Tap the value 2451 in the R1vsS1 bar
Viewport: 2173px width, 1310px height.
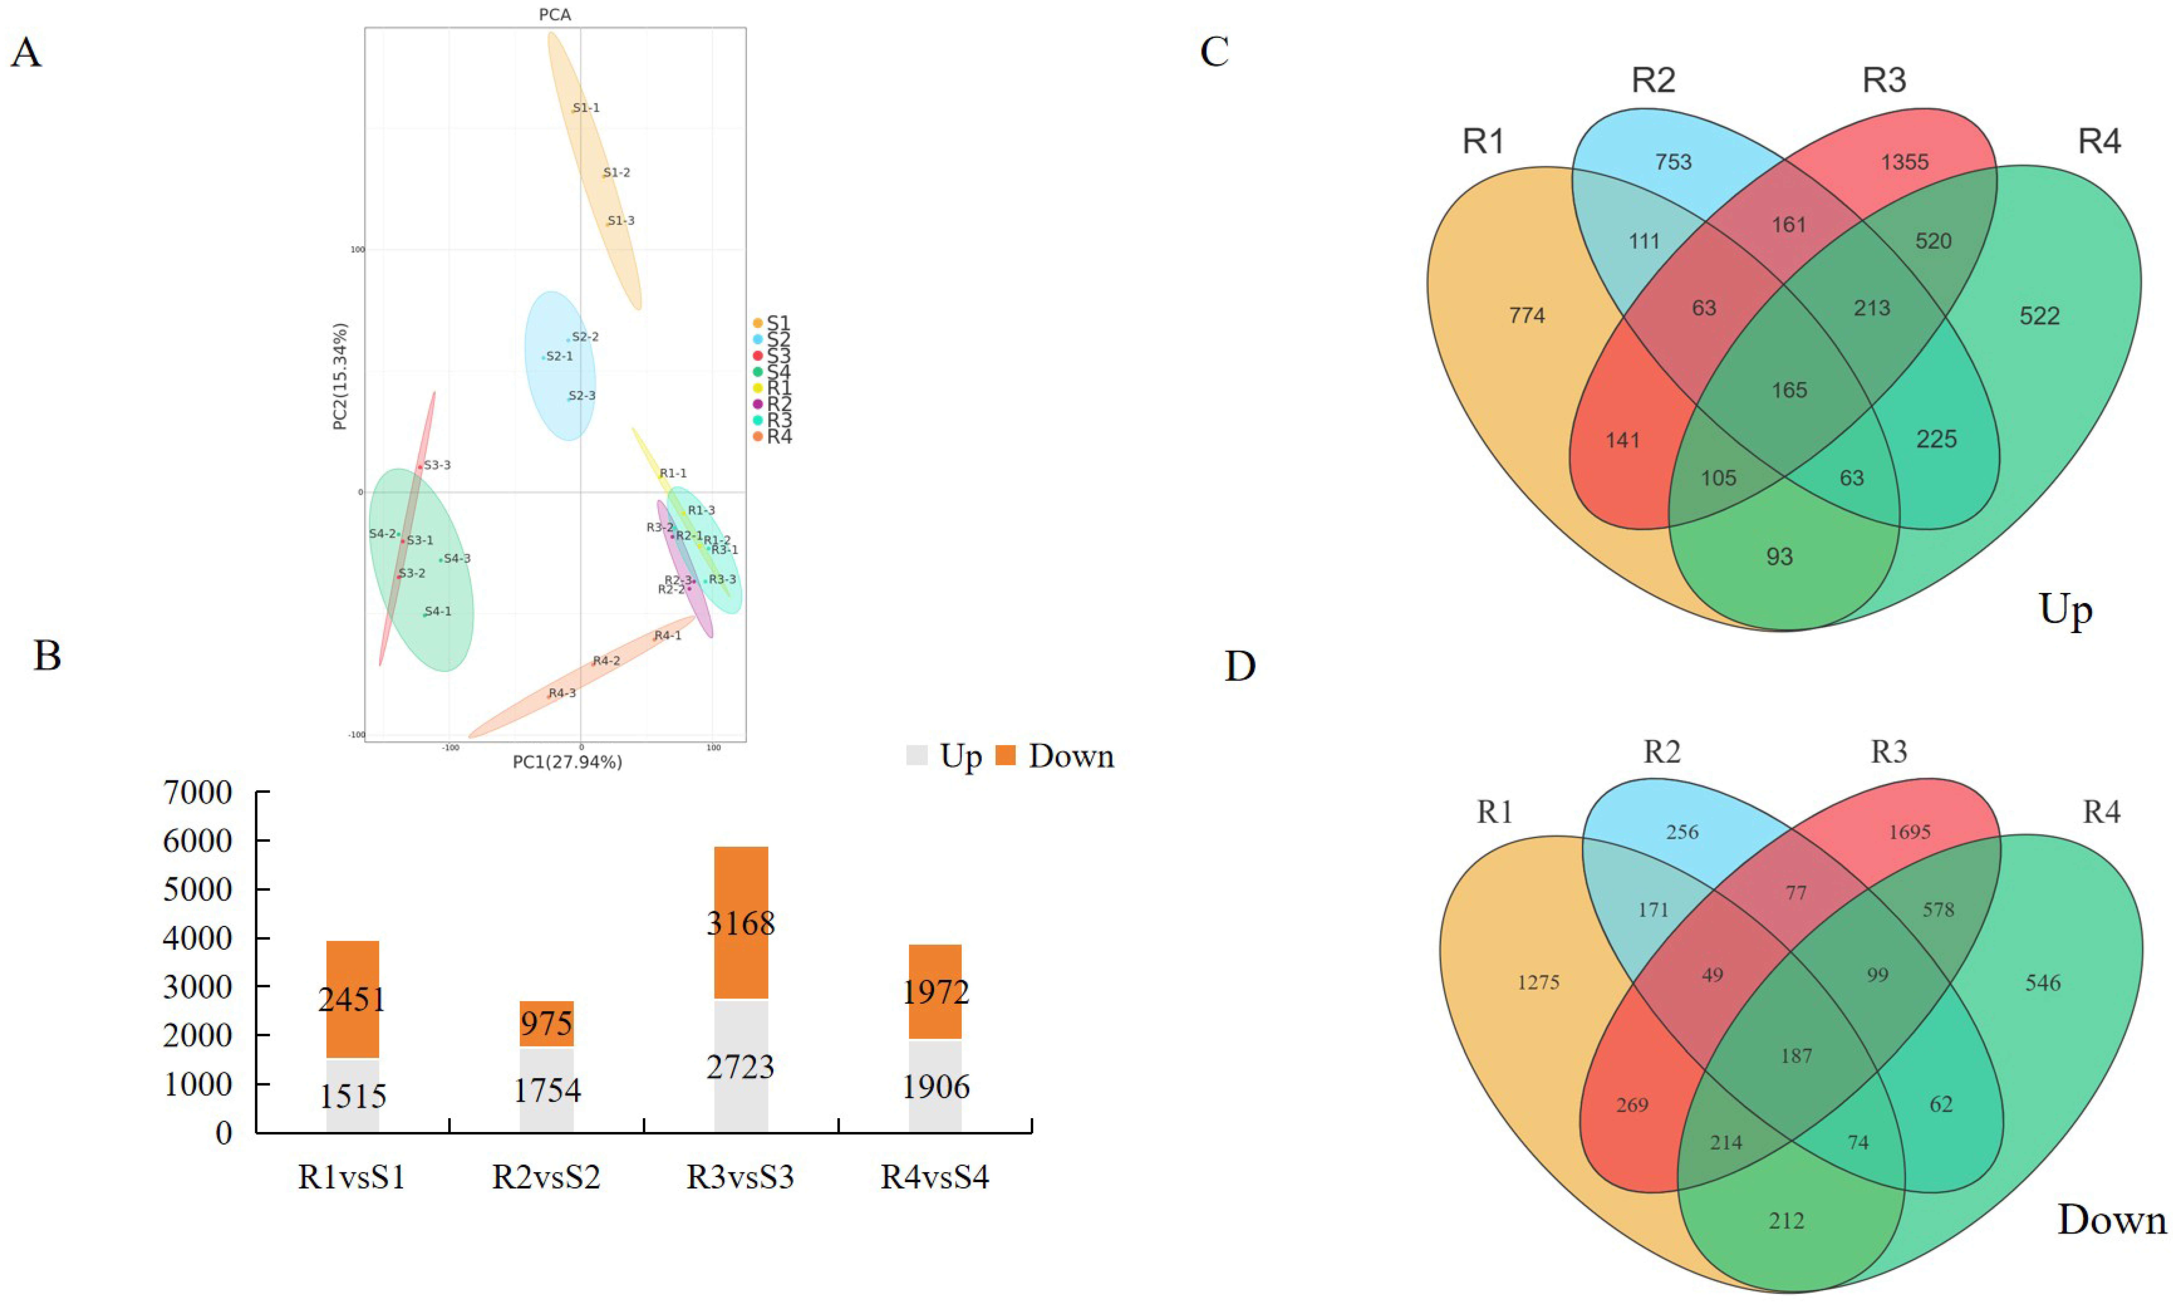point(352,999)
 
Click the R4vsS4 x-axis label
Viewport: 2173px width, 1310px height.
point(935,1177)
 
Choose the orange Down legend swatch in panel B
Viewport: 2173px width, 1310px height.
point(1005,755)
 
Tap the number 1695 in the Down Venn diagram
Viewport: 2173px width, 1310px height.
point(1909,832)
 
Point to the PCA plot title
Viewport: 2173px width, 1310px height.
point(555,14)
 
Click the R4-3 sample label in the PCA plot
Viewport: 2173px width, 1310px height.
point(562,693)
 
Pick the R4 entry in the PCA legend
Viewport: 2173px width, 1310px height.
point(778,437)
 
